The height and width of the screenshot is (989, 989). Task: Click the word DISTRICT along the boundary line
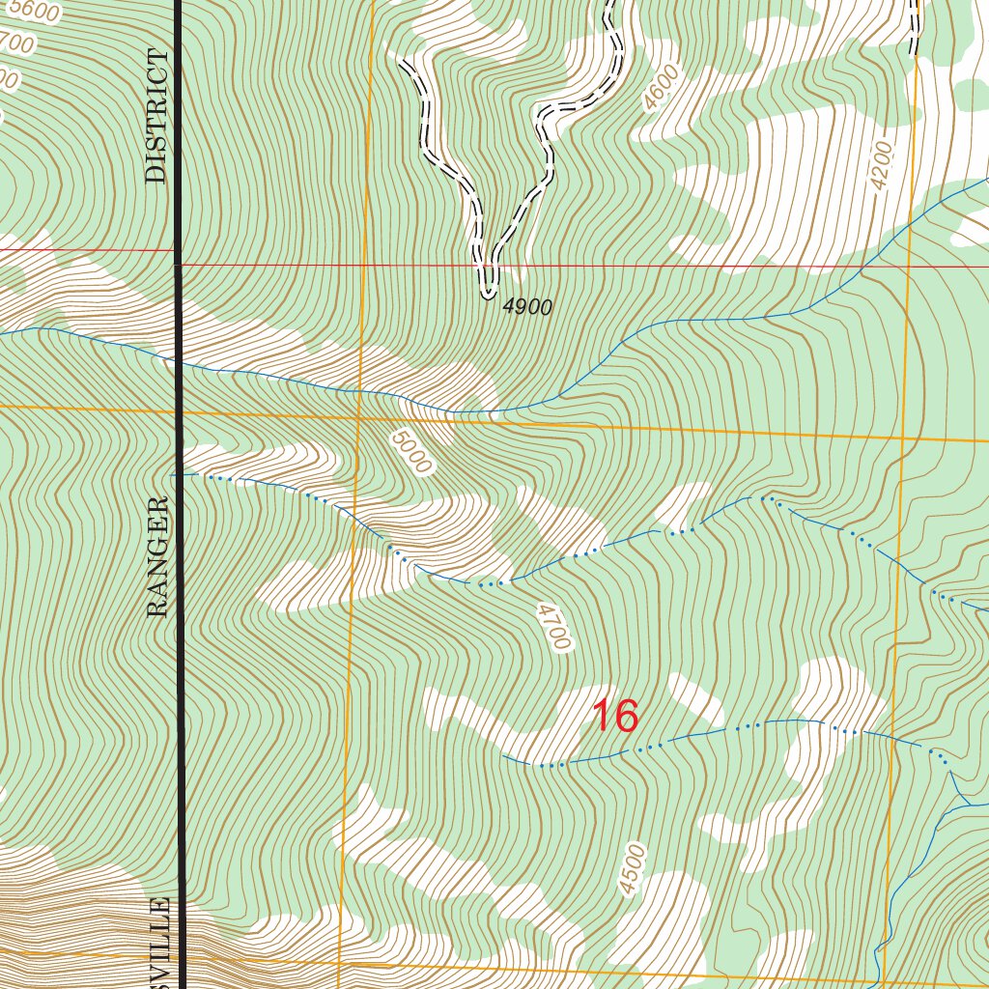tap(156, 117)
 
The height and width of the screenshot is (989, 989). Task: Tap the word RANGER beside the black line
tap(157, 557)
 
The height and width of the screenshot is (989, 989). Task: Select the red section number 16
tap(614, 717)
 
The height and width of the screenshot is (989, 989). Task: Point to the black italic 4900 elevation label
tap(527, 308)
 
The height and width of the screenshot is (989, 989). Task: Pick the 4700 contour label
tap(553, 628)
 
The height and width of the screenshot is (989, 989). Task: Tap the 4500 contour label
tap(633, 869)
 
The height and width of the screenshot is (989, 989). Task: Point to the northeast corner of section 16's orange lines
tap(905, 436)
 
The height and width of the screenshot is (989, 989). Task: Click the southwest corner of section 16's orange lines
tap(342, 960)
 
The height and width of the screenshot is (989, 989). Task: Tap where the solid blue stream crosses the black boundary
tap(180, 364)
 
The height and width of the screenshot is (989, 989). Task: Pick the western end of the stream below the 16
tap(504, 758)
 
